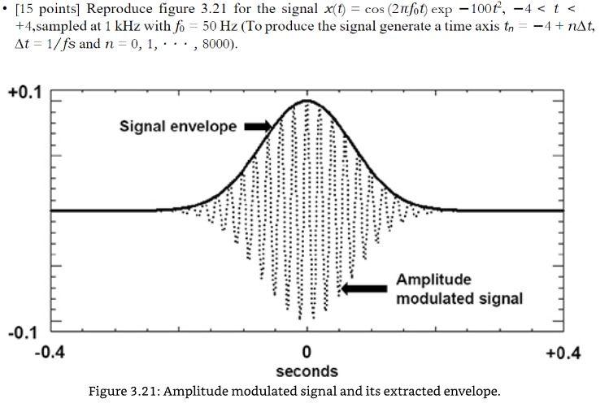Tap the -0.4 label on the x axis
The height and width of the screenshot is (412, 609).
pyautogui.click(x=50, y=353)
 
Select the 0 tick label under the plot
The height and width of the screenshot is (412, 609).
pyautogui.click(x=307, y=353)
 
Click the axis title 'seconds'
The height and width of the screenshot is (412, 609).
pyautogui.click(x=307, y=371)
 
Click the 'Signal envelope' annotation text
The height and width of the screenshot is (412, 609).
pyautogui.click(x=178, y=126)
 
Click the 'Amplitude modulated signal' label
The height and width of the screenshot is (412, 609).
pyautogui.click(x=459, y=288)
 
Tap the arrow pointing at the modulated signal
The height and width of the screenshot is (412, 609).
pyautogui.click(x=366, y=288)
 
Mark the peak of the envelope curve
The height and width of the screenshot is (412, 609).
pyautogui.click(x=307, y=101)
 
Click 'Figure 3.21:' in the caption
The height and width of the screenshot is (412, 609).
pyautogui.click(x=126, y=392)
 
